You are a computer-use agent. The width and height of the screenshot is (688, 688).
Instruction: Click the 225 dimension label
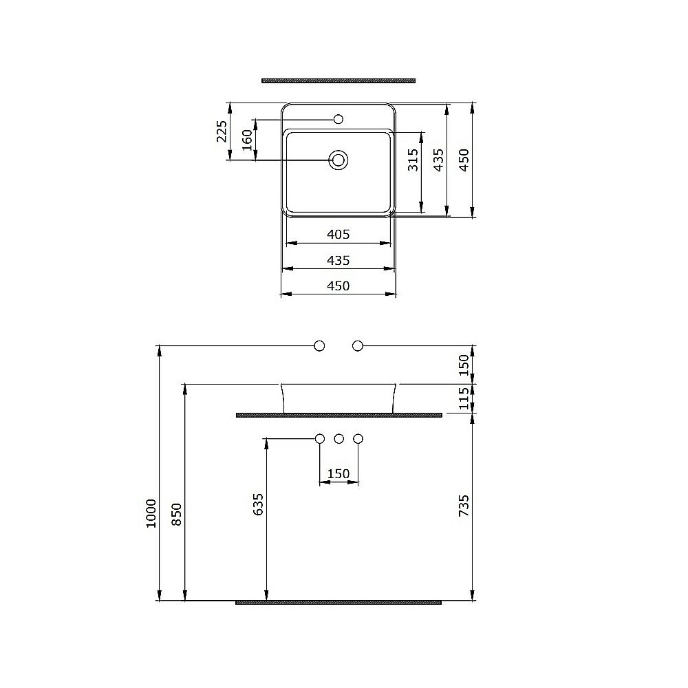222,131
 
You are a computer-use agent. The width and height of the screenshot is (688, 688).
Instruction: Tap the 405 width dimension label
338,235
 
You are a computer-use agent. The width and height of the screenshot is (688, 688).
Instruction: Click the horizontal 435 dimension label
338,261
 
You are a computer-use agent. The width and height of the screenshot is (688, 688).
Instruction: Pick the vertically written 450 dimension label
464,160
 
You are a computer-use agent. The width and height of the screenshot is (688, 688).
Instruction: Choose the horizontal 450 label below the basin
338,286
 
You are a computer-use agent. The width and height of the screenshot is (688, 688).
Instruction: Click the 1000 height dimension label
152,513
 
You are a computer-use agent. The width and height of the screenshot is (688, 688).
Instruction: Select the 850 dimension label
177,514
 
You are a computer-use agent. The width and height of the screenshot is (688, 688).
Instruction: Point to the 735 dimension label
464,506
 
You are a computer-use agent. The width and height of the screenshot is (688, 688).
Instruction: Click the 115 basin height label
464,398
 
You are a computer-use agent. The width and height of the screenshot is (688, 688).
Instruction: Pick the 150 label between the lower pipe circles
338,473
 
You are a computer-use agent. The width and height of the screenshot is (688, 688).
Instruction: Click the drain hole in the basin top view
338,160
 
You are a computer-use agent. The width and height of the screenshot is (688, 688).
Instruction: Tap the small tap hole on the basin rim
338,120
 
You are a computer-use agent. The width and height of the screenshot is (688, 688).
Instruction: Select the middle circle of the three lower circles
338,438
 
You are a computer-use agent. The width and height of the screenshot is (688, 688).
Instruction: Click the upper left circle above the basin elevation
319,346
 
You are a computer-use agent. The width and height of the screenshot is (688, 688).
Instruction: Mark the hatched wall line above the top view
338,80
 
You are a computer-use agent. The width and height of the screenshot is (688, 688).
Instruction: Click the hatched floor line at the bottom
338,602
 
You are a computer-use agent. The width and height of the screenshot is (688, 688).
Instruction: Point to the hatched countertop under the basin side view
338,415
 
